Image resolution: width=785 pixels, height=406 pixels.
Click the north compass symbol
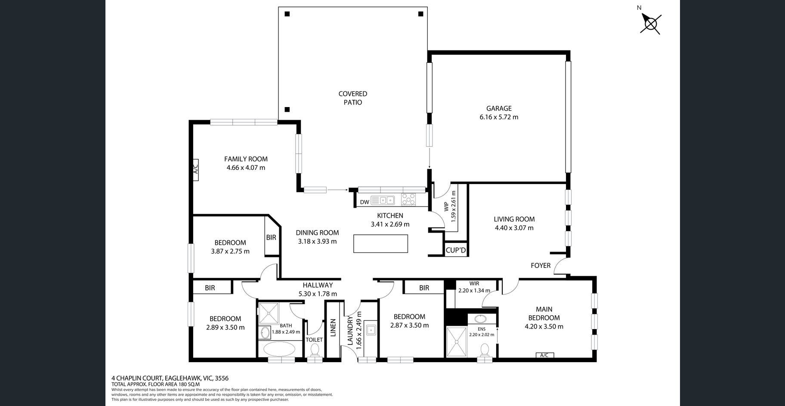pos(650,23)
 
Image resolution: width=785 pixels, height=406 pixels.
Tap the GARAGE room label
pos(499,108)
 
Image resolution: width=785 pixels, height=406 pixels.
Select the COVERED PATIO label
pos(352,98)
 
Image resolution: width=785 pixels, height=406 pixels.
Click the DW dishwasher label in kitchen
pos(365,202)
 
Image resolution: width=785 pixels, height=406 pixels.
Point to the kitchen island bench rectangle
pos(380,243)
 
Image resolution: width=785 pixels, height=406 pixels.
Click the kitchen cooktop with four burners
pos(408,200)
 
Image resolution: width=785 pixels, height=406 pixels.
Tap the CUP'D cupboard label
pos(456,250)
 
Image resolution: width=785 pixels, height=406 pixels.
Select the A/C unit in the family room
pos(195,169)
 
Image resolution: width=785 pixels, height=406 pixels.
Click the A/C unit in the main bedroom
pos(544,355)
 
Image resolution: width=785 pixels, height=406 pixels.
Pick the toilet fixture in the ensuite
pos(485,350)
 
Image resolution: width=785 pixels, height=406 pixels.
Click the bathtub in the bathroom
pos(279,349)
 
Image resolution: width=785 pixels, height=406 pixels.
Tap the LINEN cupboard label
pos(333,328)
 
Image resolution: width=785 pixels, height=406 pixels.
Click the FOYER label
pos(541,266)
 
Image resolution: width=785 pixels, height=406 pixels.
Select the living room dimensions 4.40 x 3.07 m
pos(514,228)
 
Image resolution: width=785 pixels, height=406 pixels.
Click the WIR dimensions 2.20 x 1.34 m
pos(474,291)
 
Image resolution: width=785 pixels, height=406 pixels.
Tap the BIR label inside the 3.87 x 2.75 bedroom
pos(271,237)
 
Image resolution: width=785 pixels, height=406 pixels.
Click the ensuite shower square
pos(456,342)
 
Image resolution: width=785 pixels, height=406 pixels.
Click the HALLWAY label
pos(318,285)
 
